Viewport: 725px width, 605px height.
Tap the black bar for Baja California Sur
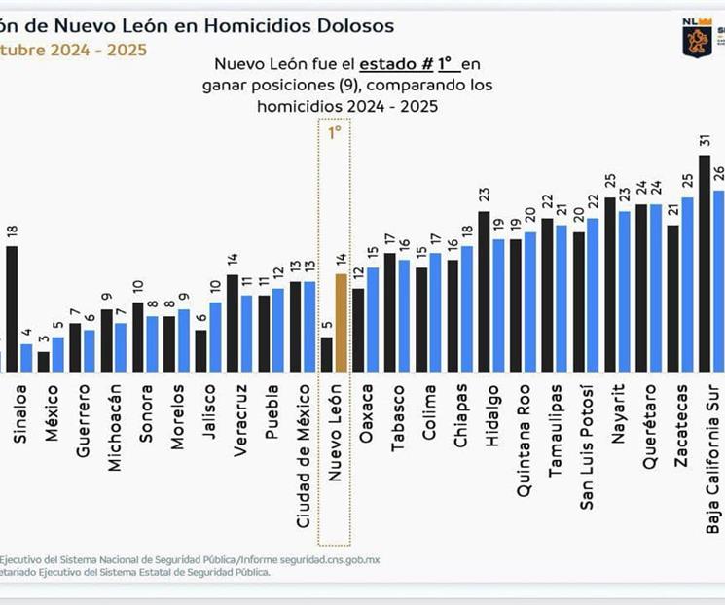click(x=705, y=263)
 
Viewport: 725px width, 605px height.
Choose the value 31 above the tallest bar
click(x=705, y=141)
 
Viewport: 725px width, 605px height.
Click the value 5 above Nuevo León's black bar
click(x=327, y=326)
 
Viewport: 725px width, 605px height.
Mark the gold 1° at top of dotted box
click(x=335, y=133)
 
